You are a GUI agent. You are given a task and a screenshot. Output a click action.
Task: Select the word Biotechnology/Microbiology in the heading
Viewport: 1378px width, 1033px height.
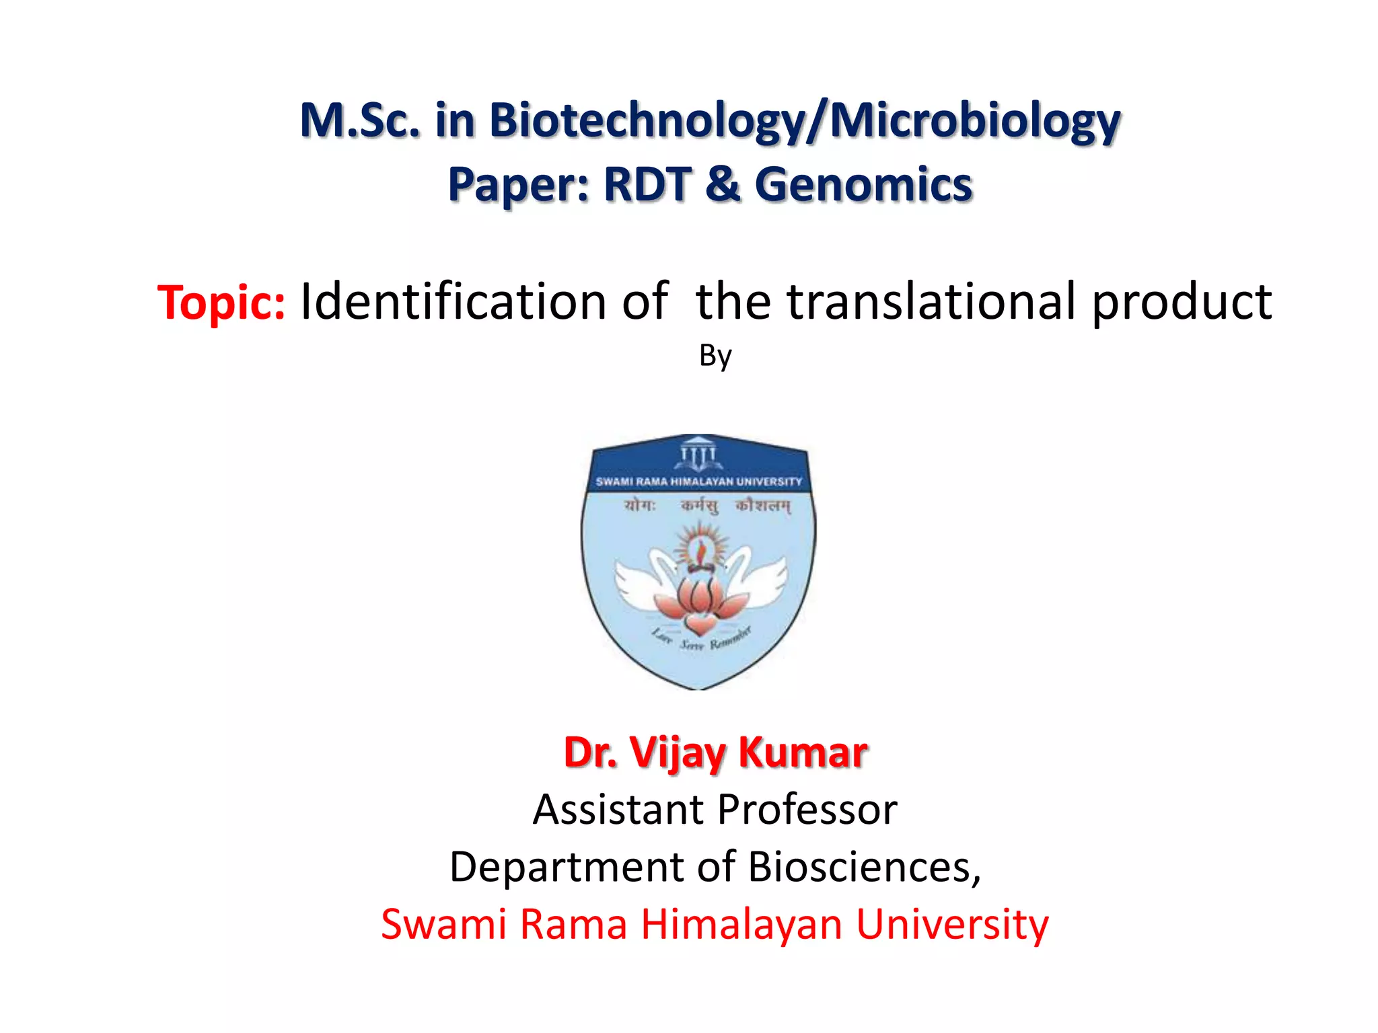point(804,121)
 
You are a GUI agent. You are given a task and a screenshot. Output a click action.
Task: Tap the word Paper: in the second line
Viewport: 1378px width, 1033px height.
point(519,185)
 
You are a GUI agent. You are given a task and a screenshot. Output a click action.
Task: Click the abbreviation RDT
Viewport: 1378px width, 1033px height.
point(647,185)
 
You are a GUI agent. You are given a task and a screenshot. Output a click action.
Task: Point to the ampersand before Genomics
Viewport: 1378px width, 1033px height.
point(723,185)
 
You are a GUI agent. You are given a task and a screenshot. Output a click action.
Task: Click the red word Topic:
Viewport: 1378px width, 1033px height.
point(221,302)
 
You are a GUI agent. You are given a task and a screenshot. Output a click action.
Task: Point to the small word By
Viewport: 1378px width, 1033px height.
point(715,355)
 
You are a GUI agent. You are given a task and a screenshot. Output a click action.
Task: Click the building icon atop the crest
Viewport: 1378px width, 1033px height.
point(698,453)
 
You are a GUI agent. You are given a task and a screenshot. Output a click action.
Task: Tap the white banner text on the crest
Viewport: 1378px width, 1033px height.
point(698,482)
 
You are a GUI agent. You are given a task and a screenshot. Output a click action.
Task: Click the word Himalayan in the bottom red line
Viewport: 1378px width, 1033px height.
point(741,924)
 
